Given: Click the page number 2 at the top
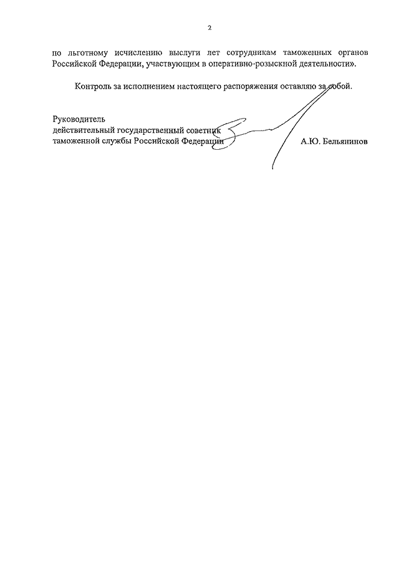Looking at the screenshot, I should tap(210, 28).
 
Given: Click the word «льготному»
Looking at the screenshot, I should tap(87, 52).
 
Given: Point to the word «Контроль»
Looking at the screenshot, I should tap(92, 86).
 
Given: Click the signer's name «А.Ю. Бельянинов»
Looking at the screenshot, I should tap(334, 142).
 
